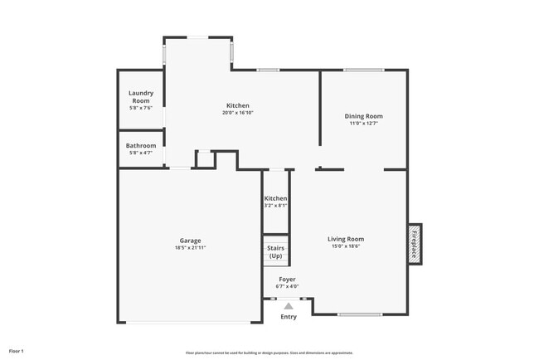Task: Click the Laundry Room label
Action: [x=141, y=97]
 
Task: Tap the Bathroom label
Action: [x=141, y=145]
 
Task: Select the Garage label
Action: [x=191, y=241]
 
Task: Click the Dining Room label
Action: [x=364, y=116]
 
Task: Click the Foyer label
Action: [x=287, y=280]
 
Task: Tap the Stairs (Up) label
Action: [x=275, y=251]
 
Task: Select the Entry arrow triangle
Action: [x=289, y=306]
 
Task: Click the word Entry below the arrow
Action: [x=289, y=317]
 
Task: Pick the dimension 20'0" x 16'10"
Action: [x=237, y=113]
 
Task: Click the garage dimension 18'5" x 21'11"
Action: [x=191, y=248]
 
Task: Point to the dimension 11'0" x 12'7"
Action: [x=364, y=124]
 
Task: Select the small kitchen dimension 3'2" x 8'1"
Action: [x=276, y=206]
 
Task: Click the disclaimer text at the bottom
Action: [x=269, y=353]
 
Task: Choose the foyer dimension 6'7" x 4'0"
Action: [x=287, y=287]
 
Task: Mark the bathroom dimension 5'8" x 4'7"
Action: [x=141, y=153]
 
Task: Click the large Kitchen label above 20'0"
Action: [x=237, y=105]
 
